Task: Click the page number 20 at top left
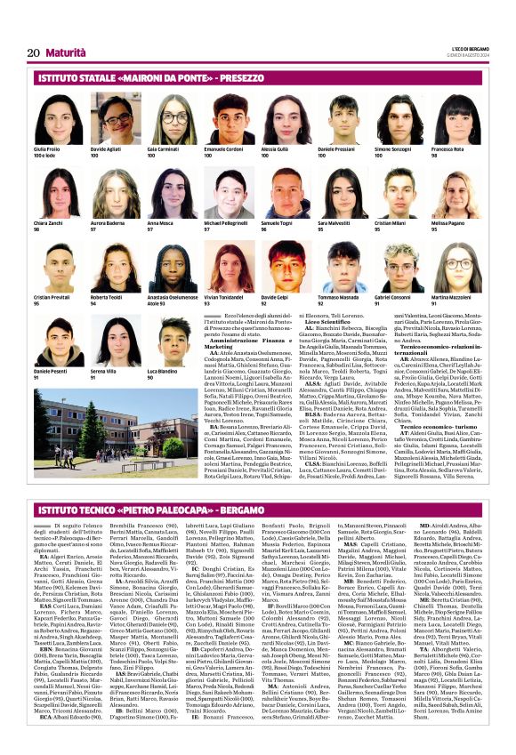pyautogui.click(x=33, y=52)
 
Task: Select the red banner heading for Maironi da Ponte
pyautogui.click(x=133, y=78)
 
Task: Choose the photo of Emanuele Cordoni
pyautogui.click(x=224, y=120)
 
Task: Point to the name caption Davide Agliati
pyautogui.click(x=106, y=149)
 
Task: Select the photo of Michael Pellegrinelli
pyautogui.click(x=224, y=194)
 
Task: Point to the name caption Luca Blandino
pyautogui.click(x=162, y=370)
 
